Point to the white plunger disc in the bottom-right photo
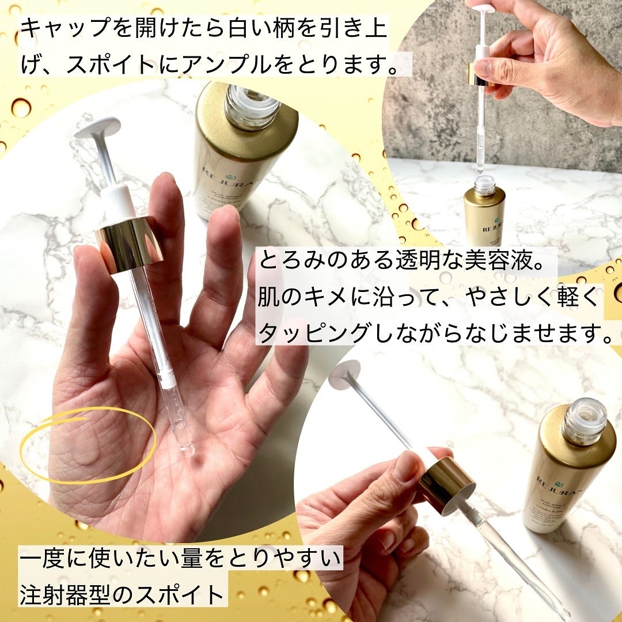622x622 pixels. tap(344, 375)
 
